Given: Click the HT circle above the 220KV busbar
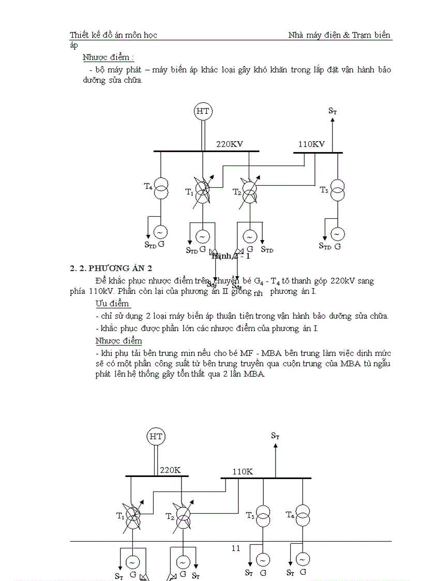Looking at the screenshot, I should pos(203,111).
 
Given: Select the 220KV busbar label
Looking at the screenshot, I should pos(230,144).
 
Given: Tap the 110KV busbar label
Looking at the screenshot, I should pos(311,144).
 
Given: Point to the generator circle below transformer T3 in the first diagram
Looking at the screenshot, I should pos(337,234).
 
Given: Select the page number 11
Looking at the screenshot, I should pos(236,548).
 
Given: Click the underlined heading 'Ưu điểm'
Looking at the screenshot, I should pos(113,304).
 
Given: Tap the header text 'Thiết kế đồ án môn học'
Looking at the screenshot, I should pos(113,35).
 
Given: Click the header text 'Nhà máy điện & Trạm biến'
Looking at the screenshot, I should pos(339,35).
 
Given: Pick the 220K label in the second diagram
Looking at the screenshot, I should pos(170,470).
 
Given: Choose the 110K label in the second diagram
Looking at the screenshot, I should pos(243,471).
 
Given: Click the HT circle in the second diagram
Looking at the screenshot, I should pos(156,436).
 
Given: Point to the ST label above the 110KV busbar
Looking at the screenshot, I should pos(333,111).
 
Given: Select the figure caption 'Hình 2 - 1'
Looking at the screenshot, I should pos(231,256).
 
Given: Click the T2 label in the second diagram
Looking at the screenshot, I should pos(170,516).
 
